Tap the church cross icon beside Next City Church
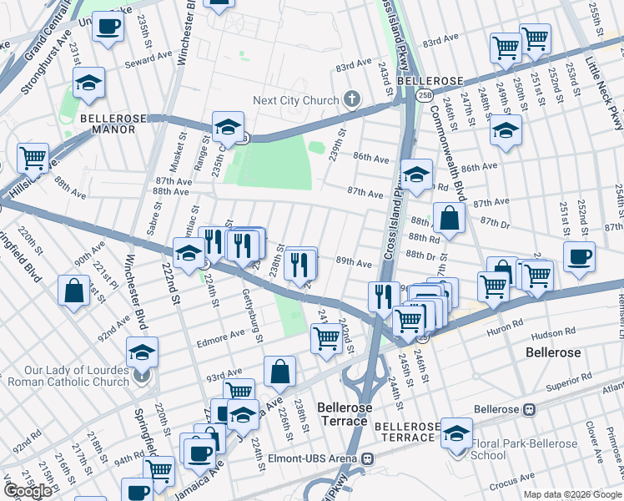coord(352,100)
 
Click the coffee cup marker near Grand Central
coord(107,28)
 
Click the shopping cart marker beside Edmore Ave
coord(325,338)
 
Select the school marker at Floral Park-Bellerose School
coord(456,433)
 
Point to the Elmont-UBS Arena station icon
coord(367,458)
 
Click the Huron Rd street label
coord(505,322)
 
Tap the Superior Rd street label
coord(568,387)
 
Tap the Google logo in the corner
coord(28,491)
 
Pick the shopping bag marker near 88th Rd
coord(449,220)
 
